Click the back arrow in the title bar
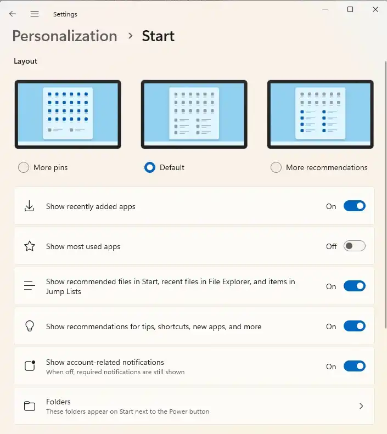13,14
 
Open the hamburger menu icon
35,14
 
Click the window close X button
375,9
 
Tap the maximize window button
350,9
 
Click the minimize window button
325,9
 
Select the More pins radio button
24,167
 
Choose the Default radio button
150,167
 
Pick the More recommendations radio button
276,167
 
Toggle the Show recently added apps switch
354,206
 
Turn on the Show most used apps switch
354,246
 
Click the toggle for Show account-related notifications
354,366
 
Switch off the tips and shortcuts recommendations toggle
354,326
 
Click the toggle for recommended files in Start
354,286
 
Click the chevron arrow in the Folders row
361,406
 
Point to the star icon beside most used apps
30,246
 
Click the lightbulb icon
30,326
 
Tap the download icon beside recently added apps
29,206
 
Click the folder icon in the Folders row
30,406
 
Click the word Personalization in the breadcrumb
65,36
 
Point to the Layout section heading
25,61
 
